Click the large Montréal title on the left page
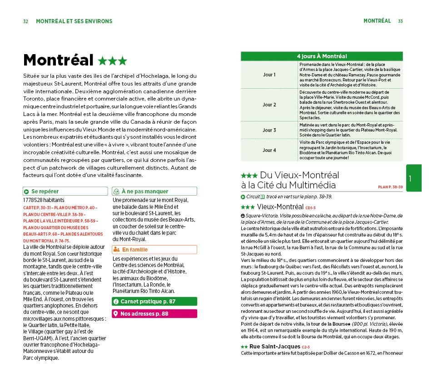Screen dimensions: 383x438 (58, 60)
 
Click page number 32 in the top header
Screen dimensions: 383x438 (26, 21)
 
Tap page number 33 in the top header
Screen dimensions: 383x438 (400, 21)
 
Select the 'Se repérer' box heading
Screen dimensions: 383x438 (45, 191)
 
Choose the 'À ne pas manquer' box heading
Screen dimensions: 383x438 (144, 191)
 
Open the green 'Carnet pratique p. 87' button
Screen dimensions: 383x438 (154, 301)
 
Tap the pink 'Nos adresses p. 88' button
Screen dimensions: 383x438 (154, 313)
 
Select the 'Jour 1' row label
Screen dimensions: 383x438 (269, 74)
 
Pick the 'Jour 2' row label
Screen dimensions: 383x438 (269, 105)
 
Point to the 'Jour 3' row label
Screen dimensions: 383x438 (269, 130)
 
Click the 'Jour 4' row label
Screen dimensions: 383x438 (269, 150)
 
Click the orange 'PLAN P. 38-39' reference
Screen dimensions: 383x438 (390, 187)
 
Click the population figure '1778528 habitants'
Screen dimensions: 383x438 (43, 200)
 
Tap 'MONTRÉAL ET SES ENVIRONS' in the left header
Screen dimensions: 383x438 (74, 21)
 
